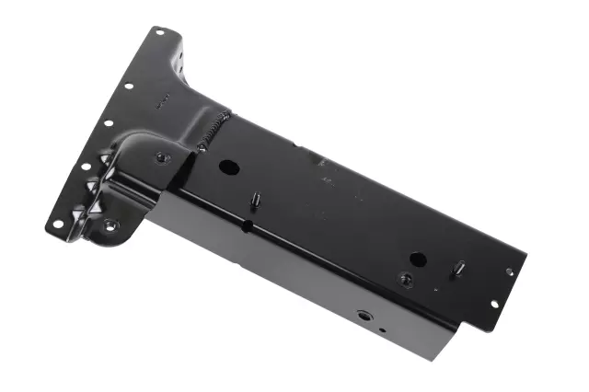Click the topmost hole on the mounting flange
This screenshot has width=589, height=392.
click(x=159, y=33)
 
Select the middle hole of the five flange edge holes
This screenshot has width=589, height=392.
click(x=108, y=123)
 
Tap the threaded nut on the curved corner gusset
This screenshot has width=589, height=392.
click(x=162, y=157)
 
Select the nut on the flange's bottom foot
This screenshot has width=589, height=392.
click(x=110, y=225)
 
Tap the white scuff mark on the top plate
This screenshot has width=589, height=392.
click(x=322, y=162)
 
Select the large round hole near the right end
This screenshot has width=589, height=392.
click(x=417, y=259)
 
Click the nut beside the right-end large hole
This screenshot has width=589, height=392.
click(x=405, y=278)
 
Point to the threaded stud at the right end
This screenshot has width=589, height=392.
click(x=458, y=269)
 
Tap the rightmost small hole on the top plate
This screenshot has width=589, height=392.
click(x=509, y=271)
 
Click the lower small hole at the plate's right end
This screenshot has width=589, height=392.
click(x=493, y=304)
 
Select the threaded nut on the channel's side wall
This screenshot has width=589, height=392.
click(x=365, y=315)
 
